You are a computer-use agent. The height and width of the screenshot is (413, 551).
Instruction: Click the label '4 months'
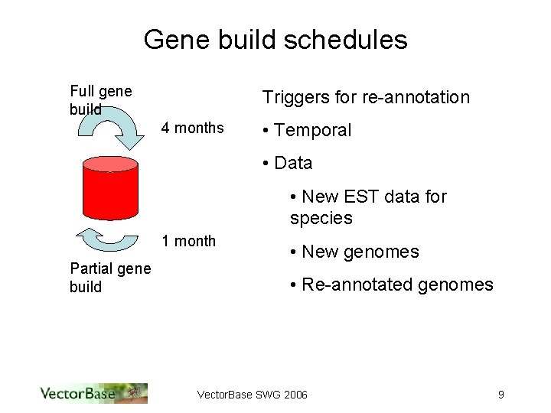click(x=192, y=128)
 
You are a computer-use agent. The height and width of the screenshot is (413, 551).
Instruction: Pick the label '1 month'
click(x=188, y=241)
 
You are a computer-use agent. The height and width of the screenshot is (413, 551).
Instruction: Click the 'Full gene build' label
click(x=100, y=100)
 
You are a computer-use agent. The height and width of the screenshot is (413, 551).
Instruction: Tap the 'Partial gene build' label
click(x=109, y=277)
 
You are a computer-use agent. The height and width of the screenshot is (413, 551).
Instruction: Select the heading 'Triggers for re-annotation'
click(x=366, y=97)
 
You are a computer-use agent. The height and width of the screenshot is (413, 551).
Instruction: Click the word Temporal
click(x=312, y=130)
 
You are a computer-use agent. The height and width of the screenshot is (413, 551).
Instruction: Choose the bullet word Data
click(x=293, y=163)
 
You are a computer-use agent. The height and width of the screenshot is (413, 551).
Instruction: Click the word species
click(x=321, y=218)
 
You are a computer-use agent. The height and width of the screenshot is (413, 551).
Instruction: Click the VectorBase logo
click(x=93, y=393)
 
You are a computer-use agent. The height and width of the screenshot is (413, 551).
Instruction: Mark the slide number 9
click(x=500, y=395)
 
